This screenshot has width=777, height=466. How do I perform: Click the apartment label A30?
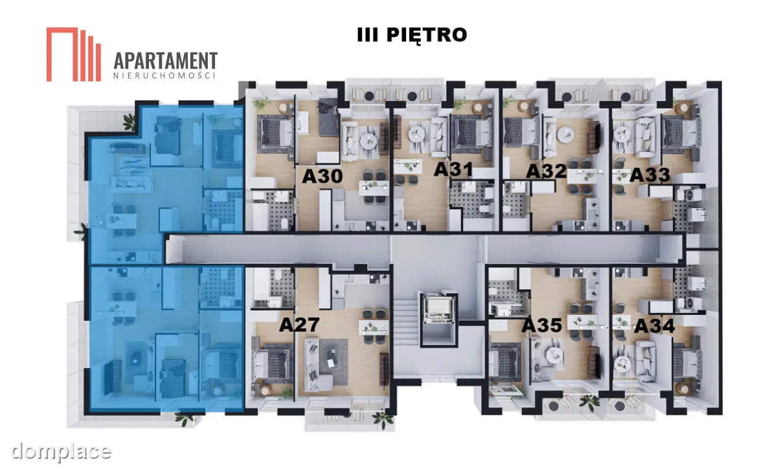tap(322, 176)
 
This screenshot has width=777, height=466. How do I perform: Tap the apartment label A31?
tap(453, 169)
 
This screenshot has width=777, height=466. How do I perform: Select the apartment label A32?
tap(546, 171)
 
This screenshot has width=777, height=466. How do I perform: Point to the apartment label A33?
tap(649, 174)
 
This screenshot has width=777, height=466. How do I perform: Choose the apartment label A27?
tap(299, 325)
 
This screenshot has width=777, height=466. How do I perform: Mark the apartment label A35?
tap(542, 325)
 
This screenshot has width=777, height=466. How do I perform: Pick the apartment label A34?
tap(655, 326)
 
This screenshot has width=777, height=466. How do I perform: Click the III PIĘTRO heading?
tap(412, 35)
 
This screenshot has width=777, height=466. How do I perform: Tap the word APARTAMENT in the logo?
tap(166, 61)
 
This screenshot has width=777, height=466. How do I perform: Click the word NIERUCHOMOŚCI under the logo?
tap(164, 76)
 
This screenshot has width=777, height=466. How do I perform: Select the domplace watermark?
tap(61, 451)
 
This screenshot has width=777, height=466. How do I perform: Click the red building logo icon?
tap(74, 54)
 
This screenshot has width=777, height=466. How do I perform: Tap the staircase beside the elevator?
tap(407, 321)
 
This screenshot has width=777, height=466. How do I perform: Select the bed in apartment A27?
tap(273, 362)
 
